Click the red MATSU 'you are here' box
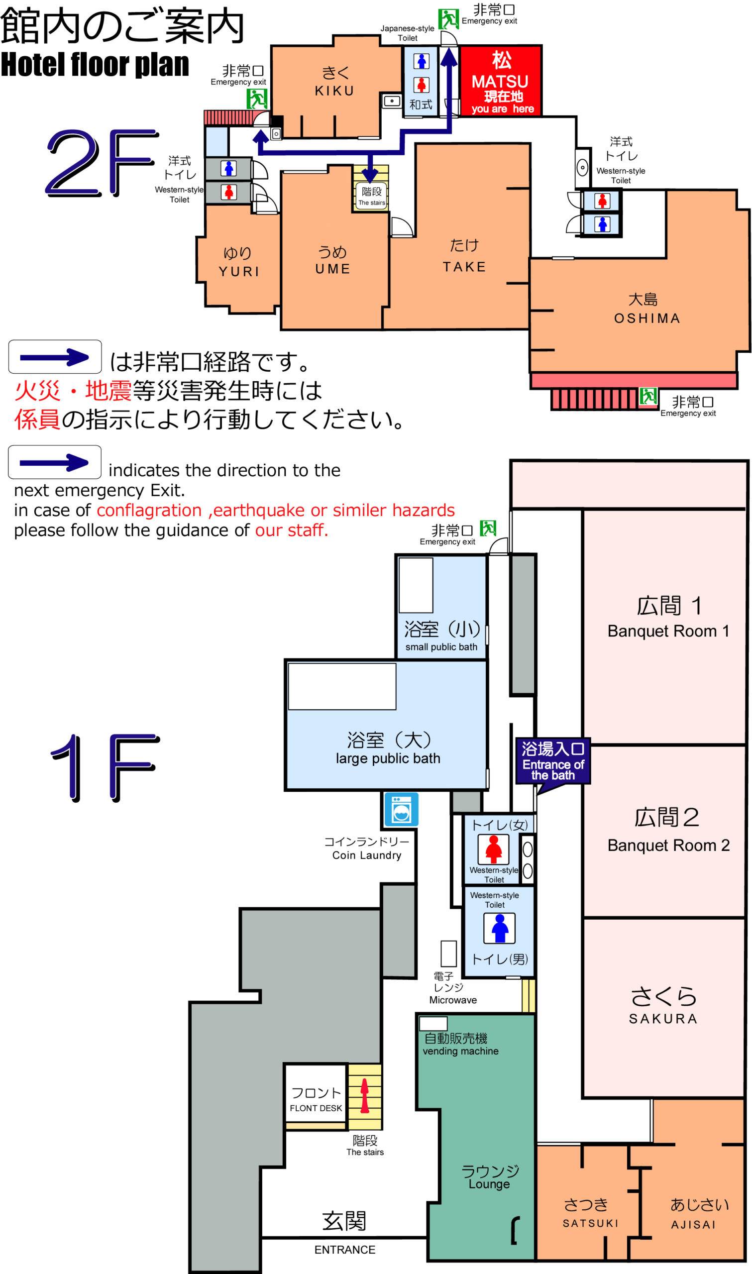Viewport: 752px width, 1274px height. tap(501, 81)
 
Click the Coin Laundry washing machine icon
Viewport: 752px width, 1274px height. tap(401, 809)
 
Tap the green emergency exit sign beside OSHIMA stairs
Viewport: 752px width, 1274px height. tap(647, 397)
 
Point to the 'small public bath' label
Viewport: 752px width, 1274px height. tap(441, 647)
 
